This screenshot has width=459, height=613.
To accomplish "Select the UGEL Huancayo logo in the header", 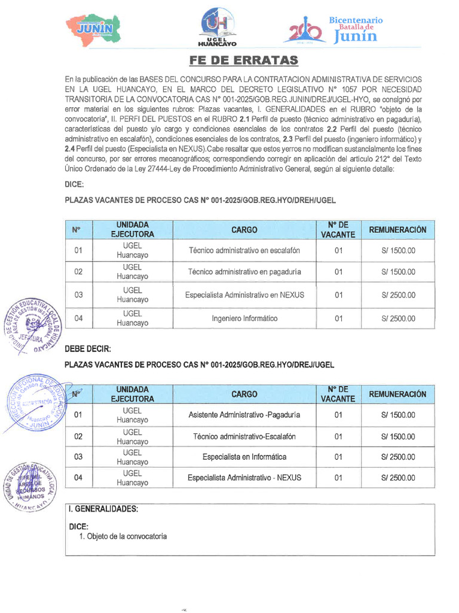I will tap(217, 27).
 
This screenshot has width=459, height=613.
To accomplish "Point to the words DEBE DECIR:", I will tap(88, 349).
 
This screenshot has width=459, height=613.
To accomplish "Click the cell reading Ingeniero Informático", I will tap(244, 318).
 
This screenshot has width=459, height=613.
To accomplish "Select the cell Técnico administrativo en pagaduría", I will tap(244, 272).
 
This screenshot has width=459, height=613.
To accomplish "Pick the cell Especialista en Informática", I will tap(244, 457).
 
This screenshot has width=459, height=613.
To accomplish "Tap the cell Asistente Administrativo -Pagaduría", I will tap(244, 414).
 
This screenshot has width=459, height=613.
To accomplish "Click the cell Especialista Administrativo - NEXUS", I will tap(244, 478).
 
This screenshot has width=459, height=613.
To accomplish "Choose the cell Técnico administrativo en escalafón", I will tap(244, 250).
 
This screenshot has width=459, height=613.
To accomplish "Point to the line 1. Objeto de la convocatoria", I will tap(123, 536).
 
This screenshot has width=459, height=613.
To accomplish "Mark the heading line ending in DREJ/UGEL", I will tap(200, 364).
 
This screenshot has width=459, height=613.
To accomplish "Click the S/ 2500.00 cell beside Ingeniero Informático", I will tap(398, 318).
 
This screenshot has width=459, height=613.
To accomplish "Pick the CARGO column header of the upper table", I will tap(244, 230).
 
